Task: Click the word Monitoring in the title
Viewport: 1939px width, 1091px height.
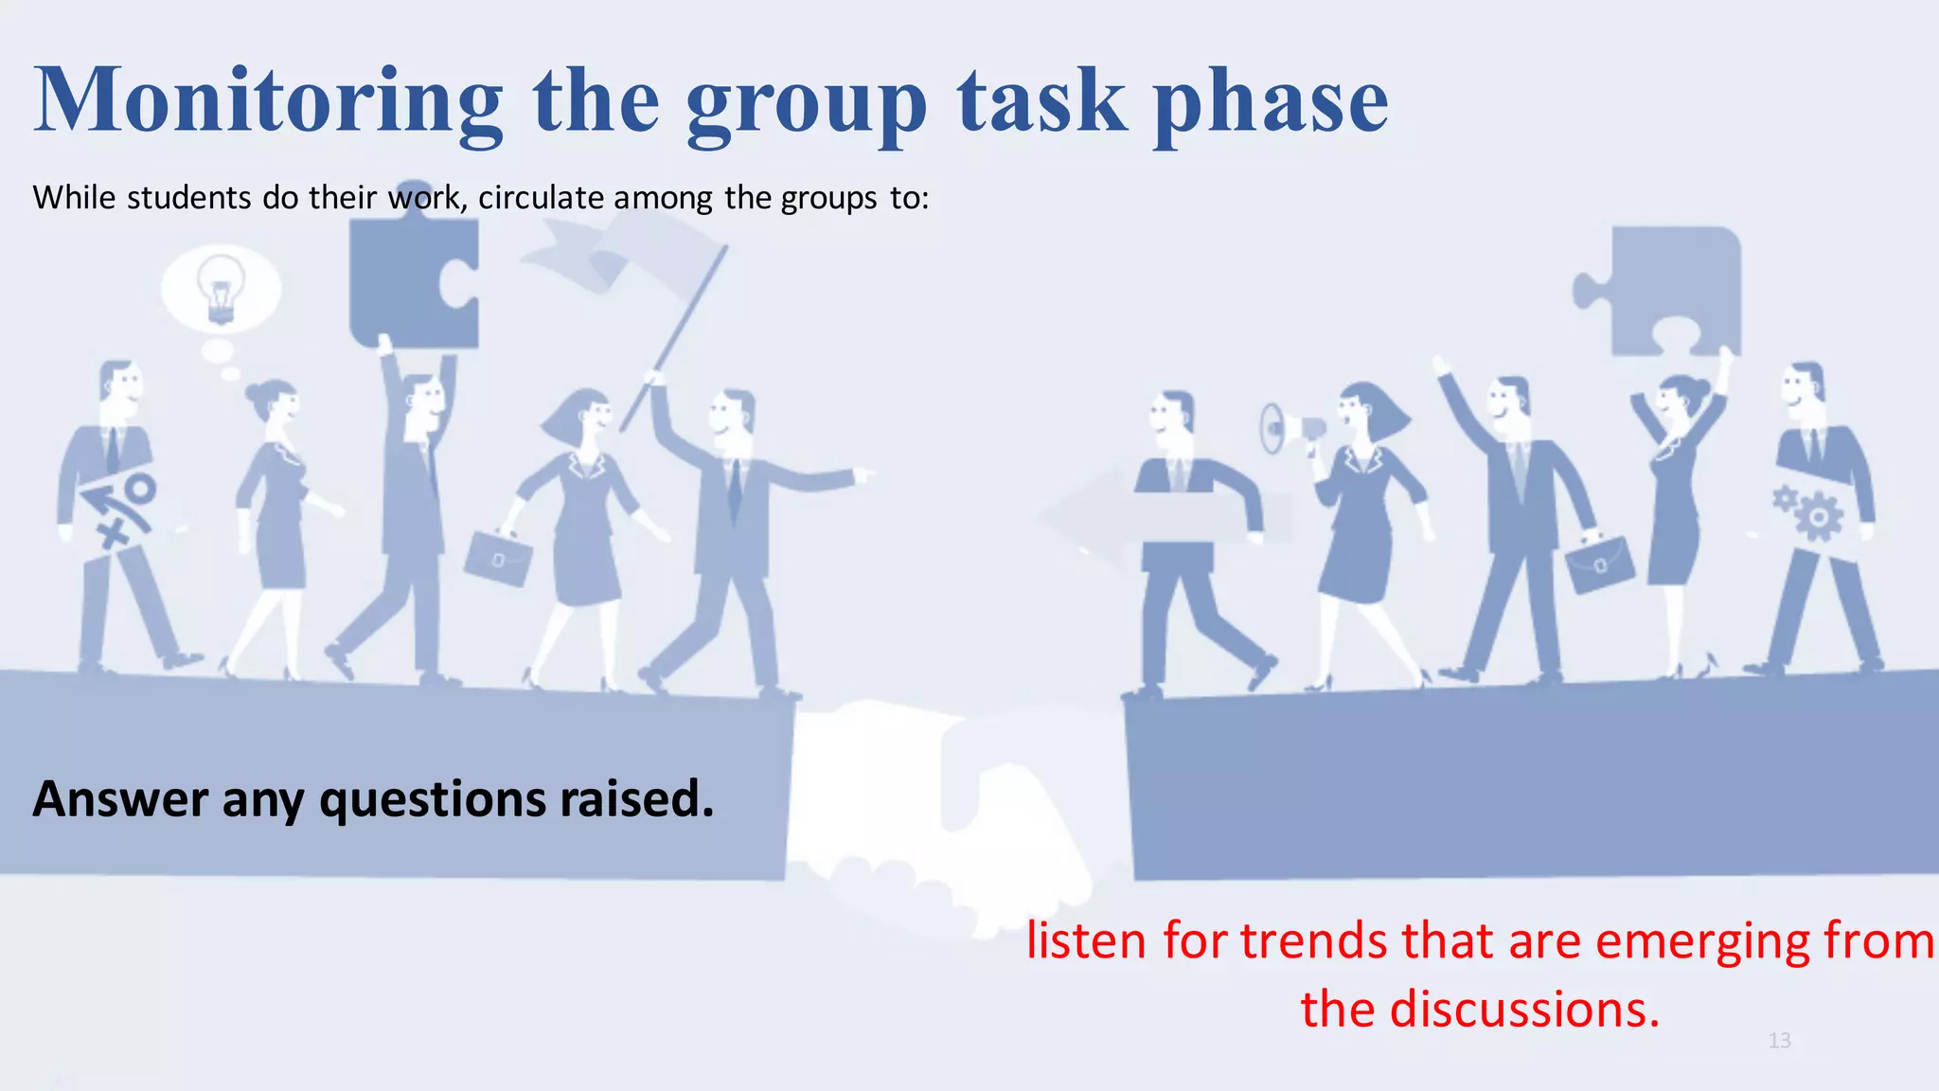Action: [x=267, y=100]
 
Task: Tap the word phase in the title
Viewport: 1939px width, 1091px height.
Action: [x=1270, y=100]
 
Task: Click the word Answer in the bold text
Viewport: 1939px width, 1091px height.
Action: [x=119, y=798]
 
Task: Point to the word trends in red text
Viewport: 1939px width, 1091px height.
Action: [x=1314, y=941]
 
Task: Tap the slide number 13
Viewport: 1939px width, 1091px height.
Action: [x=1779, y=1041]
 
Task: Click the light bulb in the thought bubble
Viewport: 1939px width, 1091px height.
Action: [x=221, y=287]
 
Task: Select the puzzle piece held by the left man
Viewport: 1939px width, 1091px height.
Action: [x=414, y=282]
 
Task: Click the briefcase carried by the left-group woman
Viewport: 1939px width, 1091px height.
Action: [x=497, y=559]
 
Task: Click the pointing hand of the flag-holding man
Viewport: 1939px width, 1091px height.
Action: [x=863, y=474]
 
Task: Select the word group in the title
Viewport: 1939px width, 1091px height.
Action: [x=806, y=100]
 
